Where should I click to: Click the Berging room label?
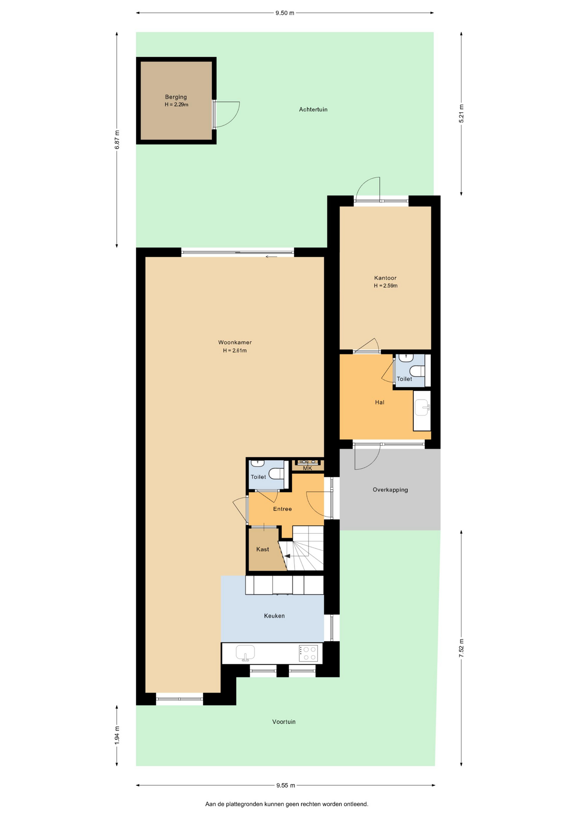[x=176, y=97]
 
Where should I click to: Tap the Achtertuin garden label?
[x=313, y=109]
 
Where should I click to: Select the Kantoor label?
[x=385, y=278]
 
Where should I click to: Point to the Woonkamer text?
[x=235, y=343]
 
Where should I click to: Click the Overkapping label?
[x=390, y=490]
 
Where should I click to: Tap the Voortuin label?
[x=284, y=722]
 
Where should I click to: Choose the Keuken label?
[x=274, y=616]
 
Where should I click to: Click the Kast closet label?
[x=263, y=549]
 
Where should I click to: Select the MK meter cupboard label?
[x=307, y=468]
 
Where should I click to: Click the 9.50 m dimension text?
[x=285, y=13]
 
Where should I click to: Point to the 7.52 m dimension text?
[x=461, y=648]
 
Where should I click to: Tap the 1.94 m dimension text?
[x=117, y=735]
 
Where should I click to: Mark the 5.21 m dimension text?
[x=461, y=114]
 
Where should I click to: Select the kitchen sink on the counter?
[x=245, y=653]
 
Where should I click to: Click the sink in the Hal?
[x=423, y=407]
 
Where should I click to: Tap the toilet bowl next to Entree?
[x=276, y=474]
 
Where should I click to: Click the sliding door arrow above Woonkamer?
[x=271, y=257]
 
